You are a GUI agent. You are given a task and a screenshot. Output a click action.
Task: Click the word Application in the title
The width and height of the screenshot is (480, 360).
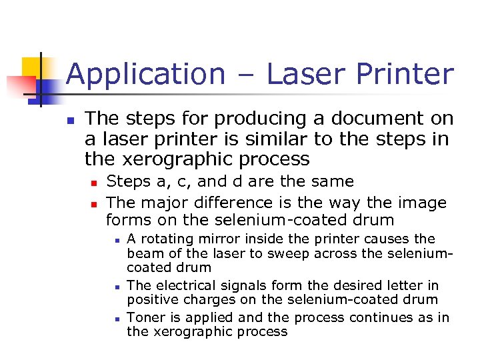click(x=145, y=75)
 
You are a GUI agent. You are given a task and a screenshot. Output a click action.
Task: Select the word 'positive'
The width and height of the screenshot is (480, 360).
click(x=151, y=301)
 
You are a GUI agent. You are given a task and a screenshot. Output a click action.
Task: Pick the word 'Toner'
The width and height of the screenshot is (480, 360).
click(x=145, y=317)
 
